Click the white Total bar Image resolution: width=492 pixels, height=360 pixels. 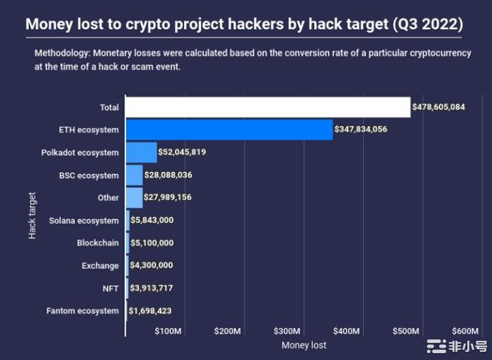tap(268, 107)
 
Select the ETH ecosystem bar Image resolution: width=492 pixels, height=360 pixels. tap(229, 129)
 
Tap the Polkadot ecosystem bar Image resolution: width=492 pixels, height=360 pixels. tap(141, 152)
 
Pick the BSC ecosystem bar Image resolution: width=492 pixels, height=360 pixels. tap(134, 175)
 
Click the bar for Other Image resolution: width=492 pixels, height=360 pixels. tap(134, 198)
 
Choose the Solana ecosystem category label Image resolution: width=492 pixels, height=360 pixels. tap(83, 220)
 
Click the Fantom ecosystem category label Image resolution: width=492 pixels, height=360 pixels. tap(82, 311)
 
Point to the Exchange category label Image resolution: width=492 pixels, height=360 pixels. tap(99, 266)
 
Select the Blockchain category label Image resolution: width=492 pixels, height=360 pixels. tap(97, 243)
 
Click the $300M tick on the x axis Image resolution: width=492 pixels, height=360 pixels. tap(287, 331)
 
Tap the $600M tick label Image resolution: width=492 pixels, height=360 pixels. tap(465, 331)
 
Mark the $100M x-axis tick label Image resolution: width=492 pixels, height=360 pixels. tap(168, 331)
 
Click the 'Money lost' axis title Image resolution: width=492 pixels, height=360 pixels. tap(304, 345)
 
